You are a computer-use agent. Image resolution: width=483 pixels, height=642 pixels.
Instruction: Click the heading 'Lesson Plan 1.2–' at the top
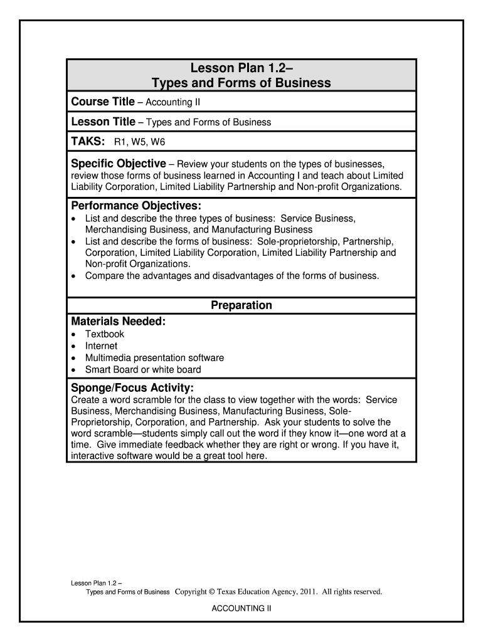coord(242,68)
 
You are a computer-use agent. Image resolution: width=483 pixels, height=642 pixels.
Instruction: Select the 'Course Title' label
coord(103,102)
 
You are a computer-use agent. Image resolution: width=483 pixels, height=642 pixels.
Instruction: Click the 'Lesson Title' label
coord(103,122)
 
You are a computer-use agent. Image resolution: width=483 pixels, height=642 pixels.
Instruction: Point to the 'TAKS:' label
coord(88,142)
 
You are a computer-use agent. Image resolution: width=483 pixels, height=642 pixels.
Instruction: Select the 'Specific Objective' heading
coord(119,164)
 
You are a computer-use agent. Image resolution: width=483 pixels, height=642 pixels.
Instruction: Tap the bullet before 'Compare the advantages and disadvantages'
coord(75,276)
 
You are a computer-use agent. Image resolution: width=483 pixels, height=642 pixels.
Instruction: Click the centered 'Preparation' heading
coord(242,305)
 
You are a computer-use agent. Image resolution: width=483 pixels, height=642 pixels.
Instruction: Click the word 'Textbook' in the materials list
coord(105,334)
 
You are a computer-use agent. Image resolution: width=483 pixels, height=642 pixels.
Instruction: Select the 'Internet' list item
coord(101,346)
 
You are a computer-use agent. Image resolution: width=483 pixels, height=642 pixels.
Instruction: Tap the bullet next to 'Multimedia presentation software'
coord(75,358)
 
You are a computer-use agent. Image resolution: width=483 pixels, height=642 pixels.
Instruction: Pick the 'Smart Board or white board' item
coord(143,370)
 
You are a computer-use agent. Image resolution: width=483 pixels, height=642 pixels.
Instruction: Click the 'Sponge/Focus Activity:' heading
coord(132,387)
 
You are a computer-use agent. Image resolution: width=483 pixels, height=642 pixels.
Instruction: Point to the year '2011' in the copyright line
coord(309,591)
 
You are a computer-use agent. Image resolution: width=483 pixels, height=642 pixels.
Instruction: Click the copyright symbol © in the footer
coord(212,591)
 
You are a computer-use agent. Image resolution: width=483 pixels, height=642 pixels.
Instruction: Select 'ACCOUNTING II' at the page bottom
coord(242,608)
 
